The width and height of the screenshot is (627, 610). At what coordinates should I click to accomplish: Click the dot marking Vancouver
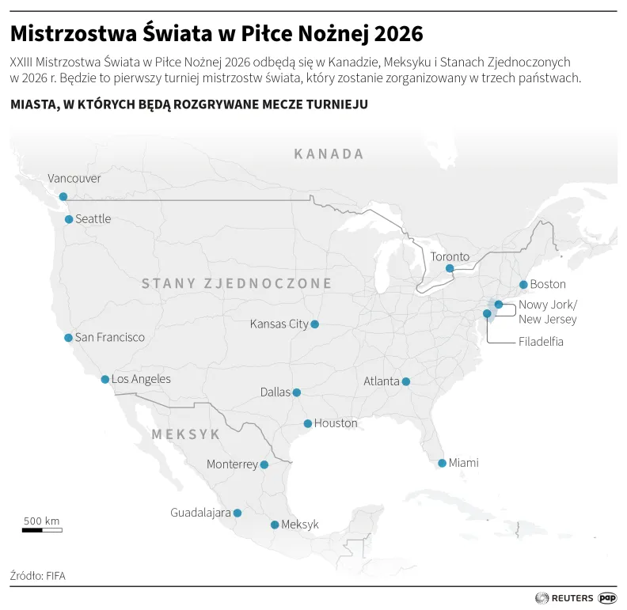(63, 196)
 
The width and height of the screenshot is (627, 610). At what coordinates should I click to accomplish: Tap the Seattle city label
(93, 219)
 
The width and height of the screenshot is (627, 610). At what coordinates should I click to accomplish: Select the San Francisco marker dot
(68, 338)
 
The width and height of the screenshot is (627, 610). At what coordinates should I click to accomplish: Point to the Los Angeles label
(141, 380)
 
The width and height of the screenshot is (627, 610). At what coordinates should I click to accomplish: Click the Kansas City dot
(315, 324)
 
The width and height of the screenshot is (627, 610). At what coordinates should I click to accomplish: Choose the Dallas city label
(275, 392)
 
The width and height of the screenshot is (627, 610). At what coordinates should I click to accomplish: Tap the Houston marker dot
(308, 424)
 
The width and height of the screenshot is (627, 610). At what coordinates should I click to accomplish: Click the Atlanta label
(382, 381)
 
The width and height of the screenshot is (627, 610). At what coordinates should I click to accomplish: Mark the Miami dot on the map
(442, 464)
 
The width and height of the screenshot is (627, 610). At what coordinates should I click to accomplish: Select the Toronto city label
(450, 257)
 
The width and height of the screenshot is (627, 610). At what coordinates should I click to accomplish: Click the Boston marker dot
(523, 285)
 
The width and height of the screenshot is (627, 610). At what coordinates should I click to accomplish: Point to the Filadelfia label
(541, 343)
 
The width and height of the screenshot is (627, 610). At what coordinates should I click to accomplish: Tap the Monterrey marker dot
(264, 465)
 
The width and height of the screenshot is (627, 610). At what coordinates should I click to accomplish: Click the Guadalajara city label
(200, 513)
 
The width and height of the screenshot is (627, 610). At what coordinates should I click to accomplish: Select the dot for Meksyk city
(275, 525)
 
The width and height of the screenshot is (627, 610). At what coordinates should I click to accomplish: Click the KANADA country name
(329, 154)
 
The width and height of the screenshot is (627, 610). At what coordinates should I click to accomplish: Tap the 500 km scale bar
(42, 529)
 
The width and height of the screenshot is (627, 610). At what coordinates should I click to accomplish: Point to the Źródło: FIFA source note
(38, 576)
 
